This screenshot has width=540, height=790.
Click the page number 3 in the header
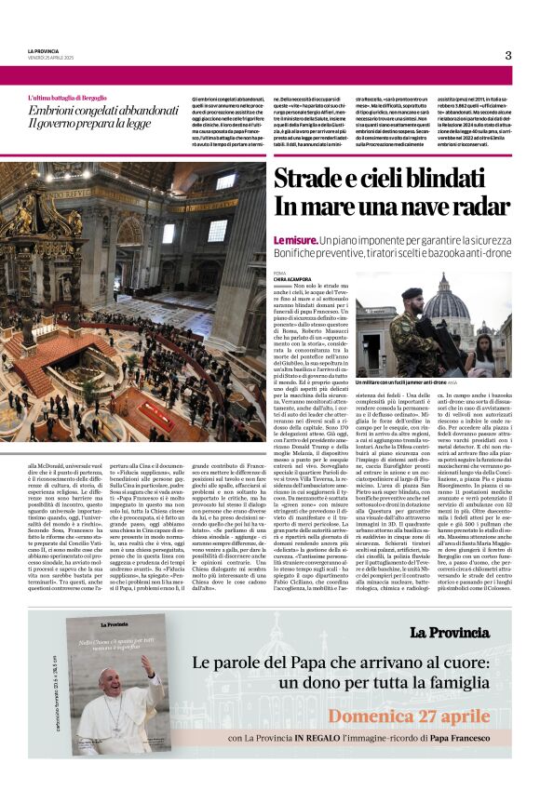pyautogui.click(x=507, y=55)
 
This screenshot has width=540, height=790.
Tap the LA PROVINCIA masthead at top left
pyautogui.click(x=44, y=50)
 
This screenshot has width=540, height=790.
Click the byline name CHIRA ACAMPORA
pyautogui.click(x=292, y=278)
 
